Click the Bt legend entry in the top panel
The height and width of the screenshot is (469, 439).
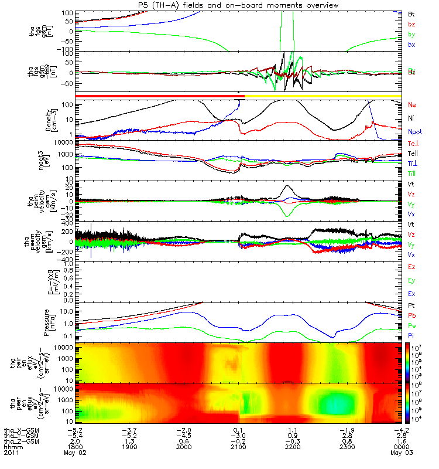[411, 13]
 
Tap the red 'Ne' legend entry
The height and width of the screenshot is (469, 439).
[412, 105]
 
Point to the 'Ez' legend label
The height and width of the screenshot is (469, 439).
[412, 267]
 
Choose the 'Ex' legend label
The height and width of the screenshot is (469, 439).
[412, 293]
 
